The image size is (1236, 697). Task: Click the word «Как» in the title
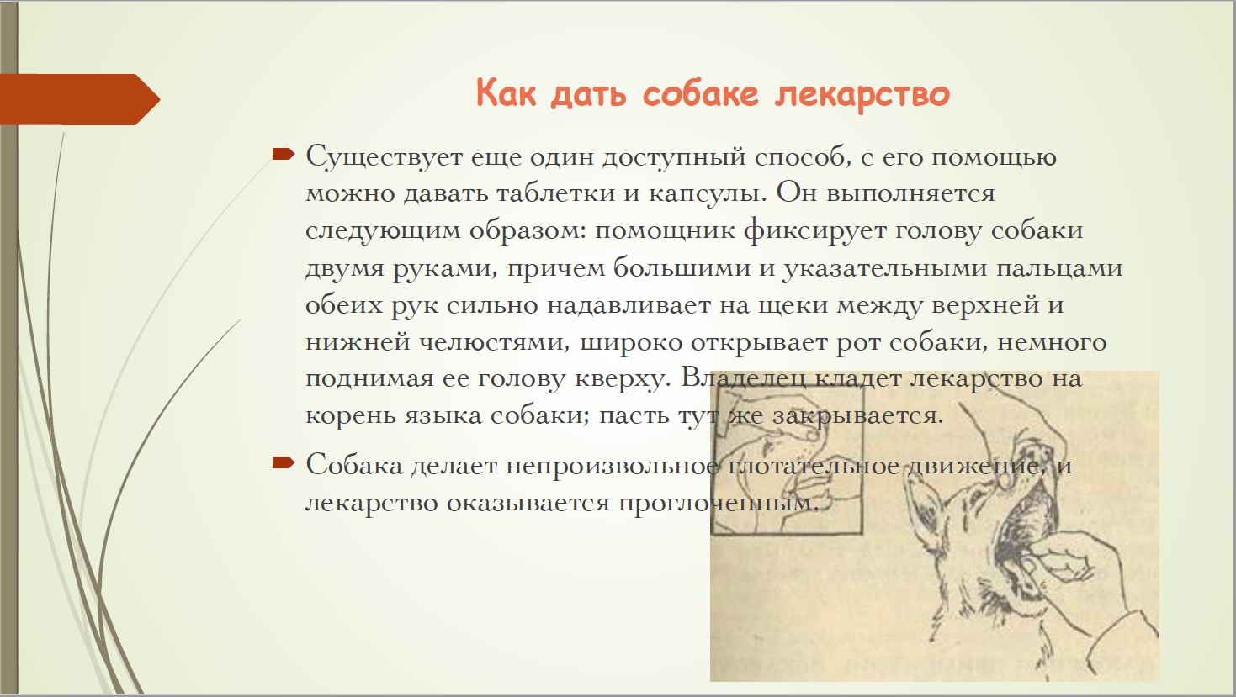coord(506,92)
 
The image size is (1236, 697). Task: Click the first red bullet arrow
coord(283,154)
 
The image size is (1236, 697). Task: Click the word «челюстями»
coord(495,343)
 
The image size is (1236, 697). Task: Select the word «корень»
coord(351,417)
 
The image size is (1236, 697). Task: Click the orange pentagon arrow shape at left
coord(79,99)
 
